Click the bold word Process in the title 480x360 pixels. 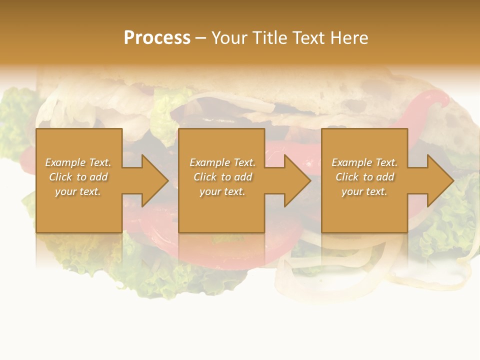(157, 38)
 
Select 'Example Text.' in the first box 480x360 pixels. (78, 162)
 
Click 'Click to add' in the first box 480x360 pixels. (78, 177)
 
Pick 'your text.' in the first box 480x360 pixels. (78, 191)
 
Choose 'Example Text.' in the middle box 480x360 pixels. (222, 162)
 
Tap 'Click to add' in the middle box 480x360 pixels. (222, 177)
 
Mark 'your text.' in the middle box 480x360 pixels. (222, 191)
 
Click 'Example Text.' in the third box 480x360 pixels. (364, 162)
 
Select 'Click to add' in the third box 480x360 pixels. (364, 177)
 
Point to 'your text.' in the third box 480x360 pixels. (364, 191)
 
